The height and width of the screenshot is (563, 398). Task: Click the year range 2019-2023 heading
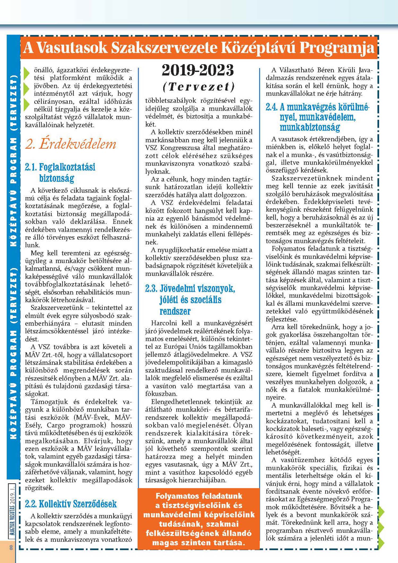pos(198,70)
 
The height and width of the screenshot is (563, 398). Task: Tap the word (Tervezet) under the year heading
pos(198,87)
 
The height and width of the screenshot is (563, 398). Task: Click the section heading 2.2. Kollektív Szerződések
pos(71,504)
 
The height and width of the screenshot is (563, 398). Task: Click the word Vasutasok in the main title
pos(72,48)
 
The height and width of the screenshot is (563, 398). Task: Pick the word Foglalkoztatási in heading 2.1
pos(67,167)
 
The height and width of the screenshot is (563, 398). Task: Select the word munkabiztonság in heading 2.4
pos(310,127)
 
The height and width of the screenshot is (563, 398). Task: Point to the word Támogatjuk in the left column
pos(49,402)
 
